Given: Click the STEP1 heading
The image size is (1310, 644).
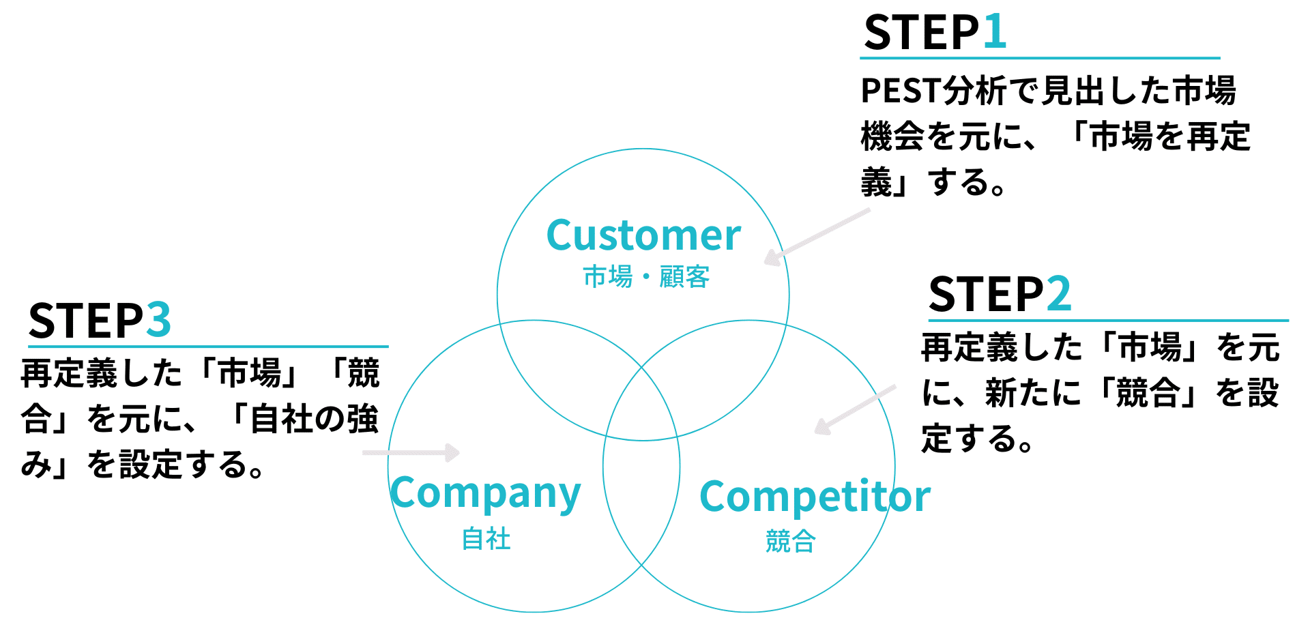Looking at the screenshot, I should pos(934,33).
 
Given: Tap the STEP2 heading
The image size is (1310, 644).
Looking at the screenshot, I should pos(999,295).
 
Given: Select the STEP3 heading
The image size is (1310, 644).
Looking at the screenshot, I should pos(99,321).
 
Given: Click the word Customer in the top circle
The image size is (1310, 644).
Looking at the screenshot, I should pos(643,236).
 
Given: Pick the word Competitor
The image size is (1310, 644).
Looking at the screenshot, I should pos(815,497).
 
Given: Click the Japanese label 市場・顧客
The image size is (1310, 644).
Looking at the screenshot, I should pos(646,277).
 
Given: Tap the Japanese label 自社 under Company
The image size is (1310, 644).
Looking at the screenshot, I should pos(486,539).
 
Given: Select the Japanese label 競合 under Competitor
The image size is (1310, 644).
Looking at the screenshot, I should pos(790,542).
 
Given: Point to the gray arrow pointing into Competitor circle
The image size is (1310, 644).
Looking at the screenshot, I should pos(854,409).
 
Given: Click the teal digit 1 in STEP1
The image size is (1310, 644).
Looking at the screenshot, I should pos(994,32).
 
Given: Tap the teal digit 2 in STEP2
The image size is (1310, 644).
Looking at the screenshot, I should pos(1058,294).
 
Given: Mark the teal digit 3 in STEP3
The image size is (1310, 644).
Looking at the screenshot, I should pos(158,320).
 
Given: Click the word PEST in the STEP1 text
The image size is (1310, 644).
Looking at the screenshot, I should pos(901,91).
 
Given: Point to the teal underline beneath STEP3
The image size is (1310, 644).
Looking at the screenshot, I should pos(208,347).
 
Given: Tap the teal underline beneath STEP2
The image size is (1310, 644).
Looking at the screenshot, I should pos(1108,320).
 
